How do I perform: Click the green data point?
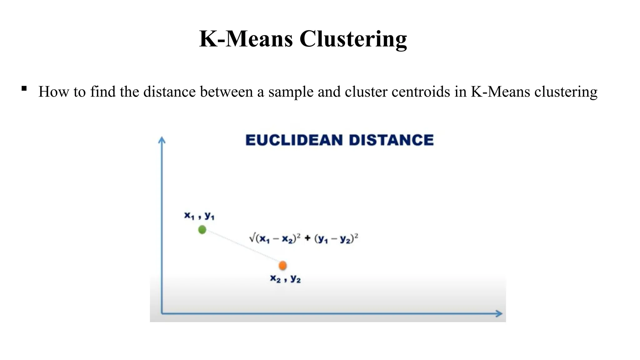pos(202,230)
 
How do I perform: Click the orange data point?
pos(282,266)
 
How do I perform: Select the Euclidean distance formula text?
pos(303,239)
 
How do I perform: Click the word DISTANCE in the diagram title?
pos(391,140)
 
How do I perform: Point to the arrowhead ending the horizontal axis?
pos(499,313)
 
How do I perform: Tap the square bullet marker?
pos(24,88)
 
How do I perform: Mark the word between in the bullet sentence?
pos(226,92)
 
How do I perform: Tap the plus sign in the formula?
pos(307,238)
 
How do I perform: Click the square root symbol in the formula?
pos(252,238)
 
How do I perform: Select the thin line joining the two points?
pos(242,248)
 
